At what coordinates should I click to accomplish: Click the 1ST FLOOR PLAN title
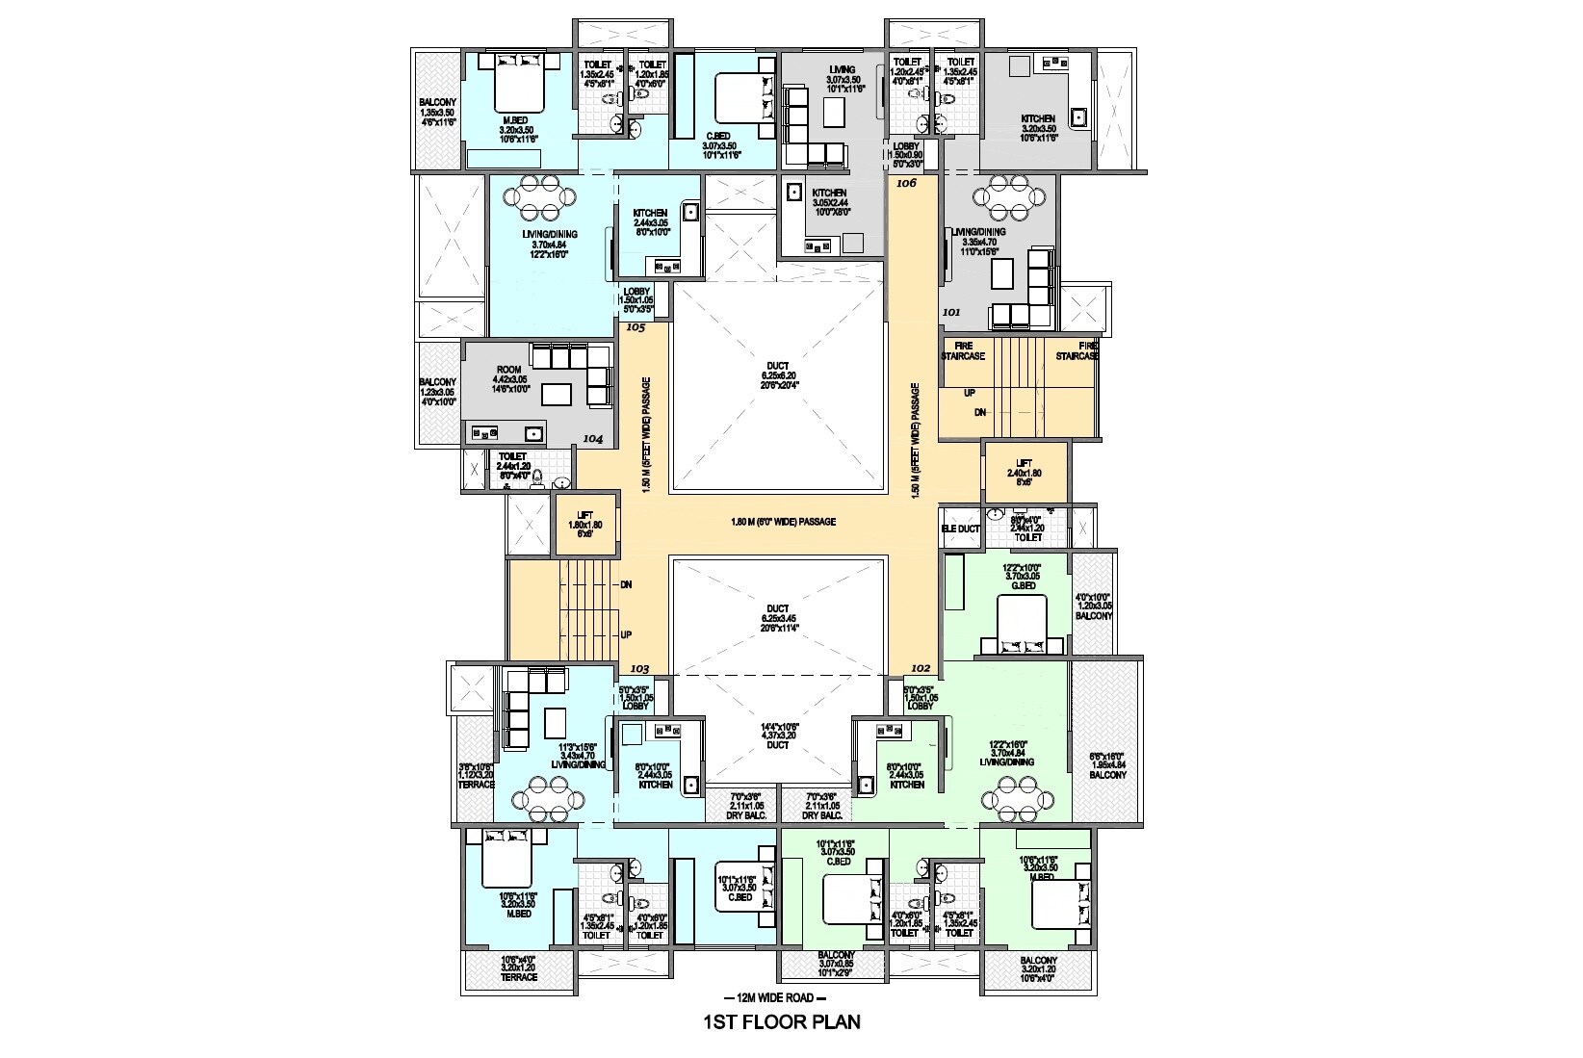coord(781,1021)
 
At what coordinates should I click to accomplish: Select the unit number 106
coord(906,182)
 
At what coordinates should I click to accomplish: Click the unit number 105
coord(635,327)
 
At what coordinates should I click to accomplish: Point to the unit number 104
coord(593,439)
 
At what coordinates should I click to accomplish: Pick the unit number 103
coord(639,669)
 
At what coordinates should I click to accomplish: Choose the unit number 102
coord(920,668)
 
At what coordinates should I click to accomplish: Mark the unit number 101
coord(951,312)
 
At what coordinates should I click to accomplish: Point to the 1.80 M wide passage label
coord(783,522)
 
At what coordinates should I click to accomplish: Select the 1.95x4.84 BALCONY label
coord(1106,765)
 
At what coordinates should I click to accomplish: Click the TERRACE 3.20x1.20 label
coord(518,968)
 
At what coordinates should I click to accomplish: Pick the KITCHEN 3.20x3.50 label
coord(1038,128)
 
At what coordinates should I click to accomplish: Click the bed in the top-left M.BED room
coord(520,85)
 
